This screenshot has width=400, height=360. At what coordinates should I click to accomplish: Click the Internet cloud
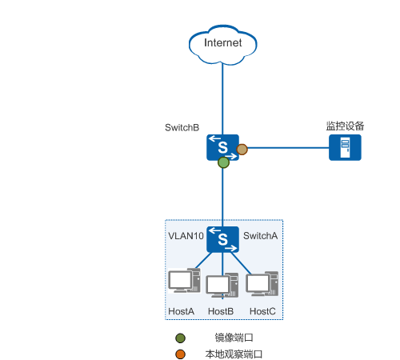[223, 45]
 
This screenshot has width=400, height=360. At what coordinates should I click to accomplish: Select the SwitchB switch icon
[222, 147]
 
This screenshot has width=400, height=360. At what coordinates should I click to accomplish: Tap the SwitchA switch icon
[222, 239]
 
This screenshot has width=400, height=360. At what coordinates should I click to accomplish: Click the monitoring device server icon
[345, 147]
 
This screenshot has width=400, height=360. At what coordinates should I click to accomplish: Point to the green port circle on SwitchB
[223, 162]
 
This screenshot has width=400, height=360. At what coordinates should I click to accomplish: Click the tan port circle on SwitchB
[242, 150]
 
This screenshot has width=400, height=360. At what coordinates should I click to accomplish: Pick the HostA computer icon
[184, 281]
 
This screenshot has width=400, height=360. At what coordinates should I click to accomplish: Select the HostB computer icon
[222, 286]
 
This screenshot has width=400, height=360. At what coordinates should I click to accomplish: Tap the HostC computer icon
[262, 284]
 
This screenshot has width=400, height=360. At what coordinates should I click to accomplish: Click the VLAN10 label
[186, 236]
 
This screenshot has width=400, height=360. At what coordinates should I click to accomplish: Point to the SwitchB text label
[182, 127]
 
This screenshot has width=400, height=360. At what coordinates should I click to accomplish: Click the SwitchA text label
[260, 236]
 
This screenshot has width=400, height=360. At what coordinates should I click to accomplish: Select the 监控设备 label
[345, 126]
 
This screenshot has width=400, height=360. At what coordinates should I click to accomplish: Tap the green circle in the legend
[180, 338]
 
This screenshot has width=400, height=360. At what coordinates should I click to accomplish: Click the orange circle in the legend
[180, 354]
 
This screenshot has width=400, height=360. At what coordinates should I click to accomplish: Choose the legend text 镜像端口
[234, 338]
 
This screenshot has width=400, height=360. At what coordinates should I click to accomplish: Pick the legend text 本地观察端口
[234, 354]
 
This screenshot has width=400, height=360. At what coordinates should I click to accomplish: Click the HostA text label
[181, 311]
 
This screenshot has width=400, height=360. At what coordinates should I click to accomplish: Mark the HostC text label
[262, 311]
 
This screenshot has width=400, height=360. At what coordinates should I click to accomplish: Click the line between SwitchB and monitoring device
[288, 147]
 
